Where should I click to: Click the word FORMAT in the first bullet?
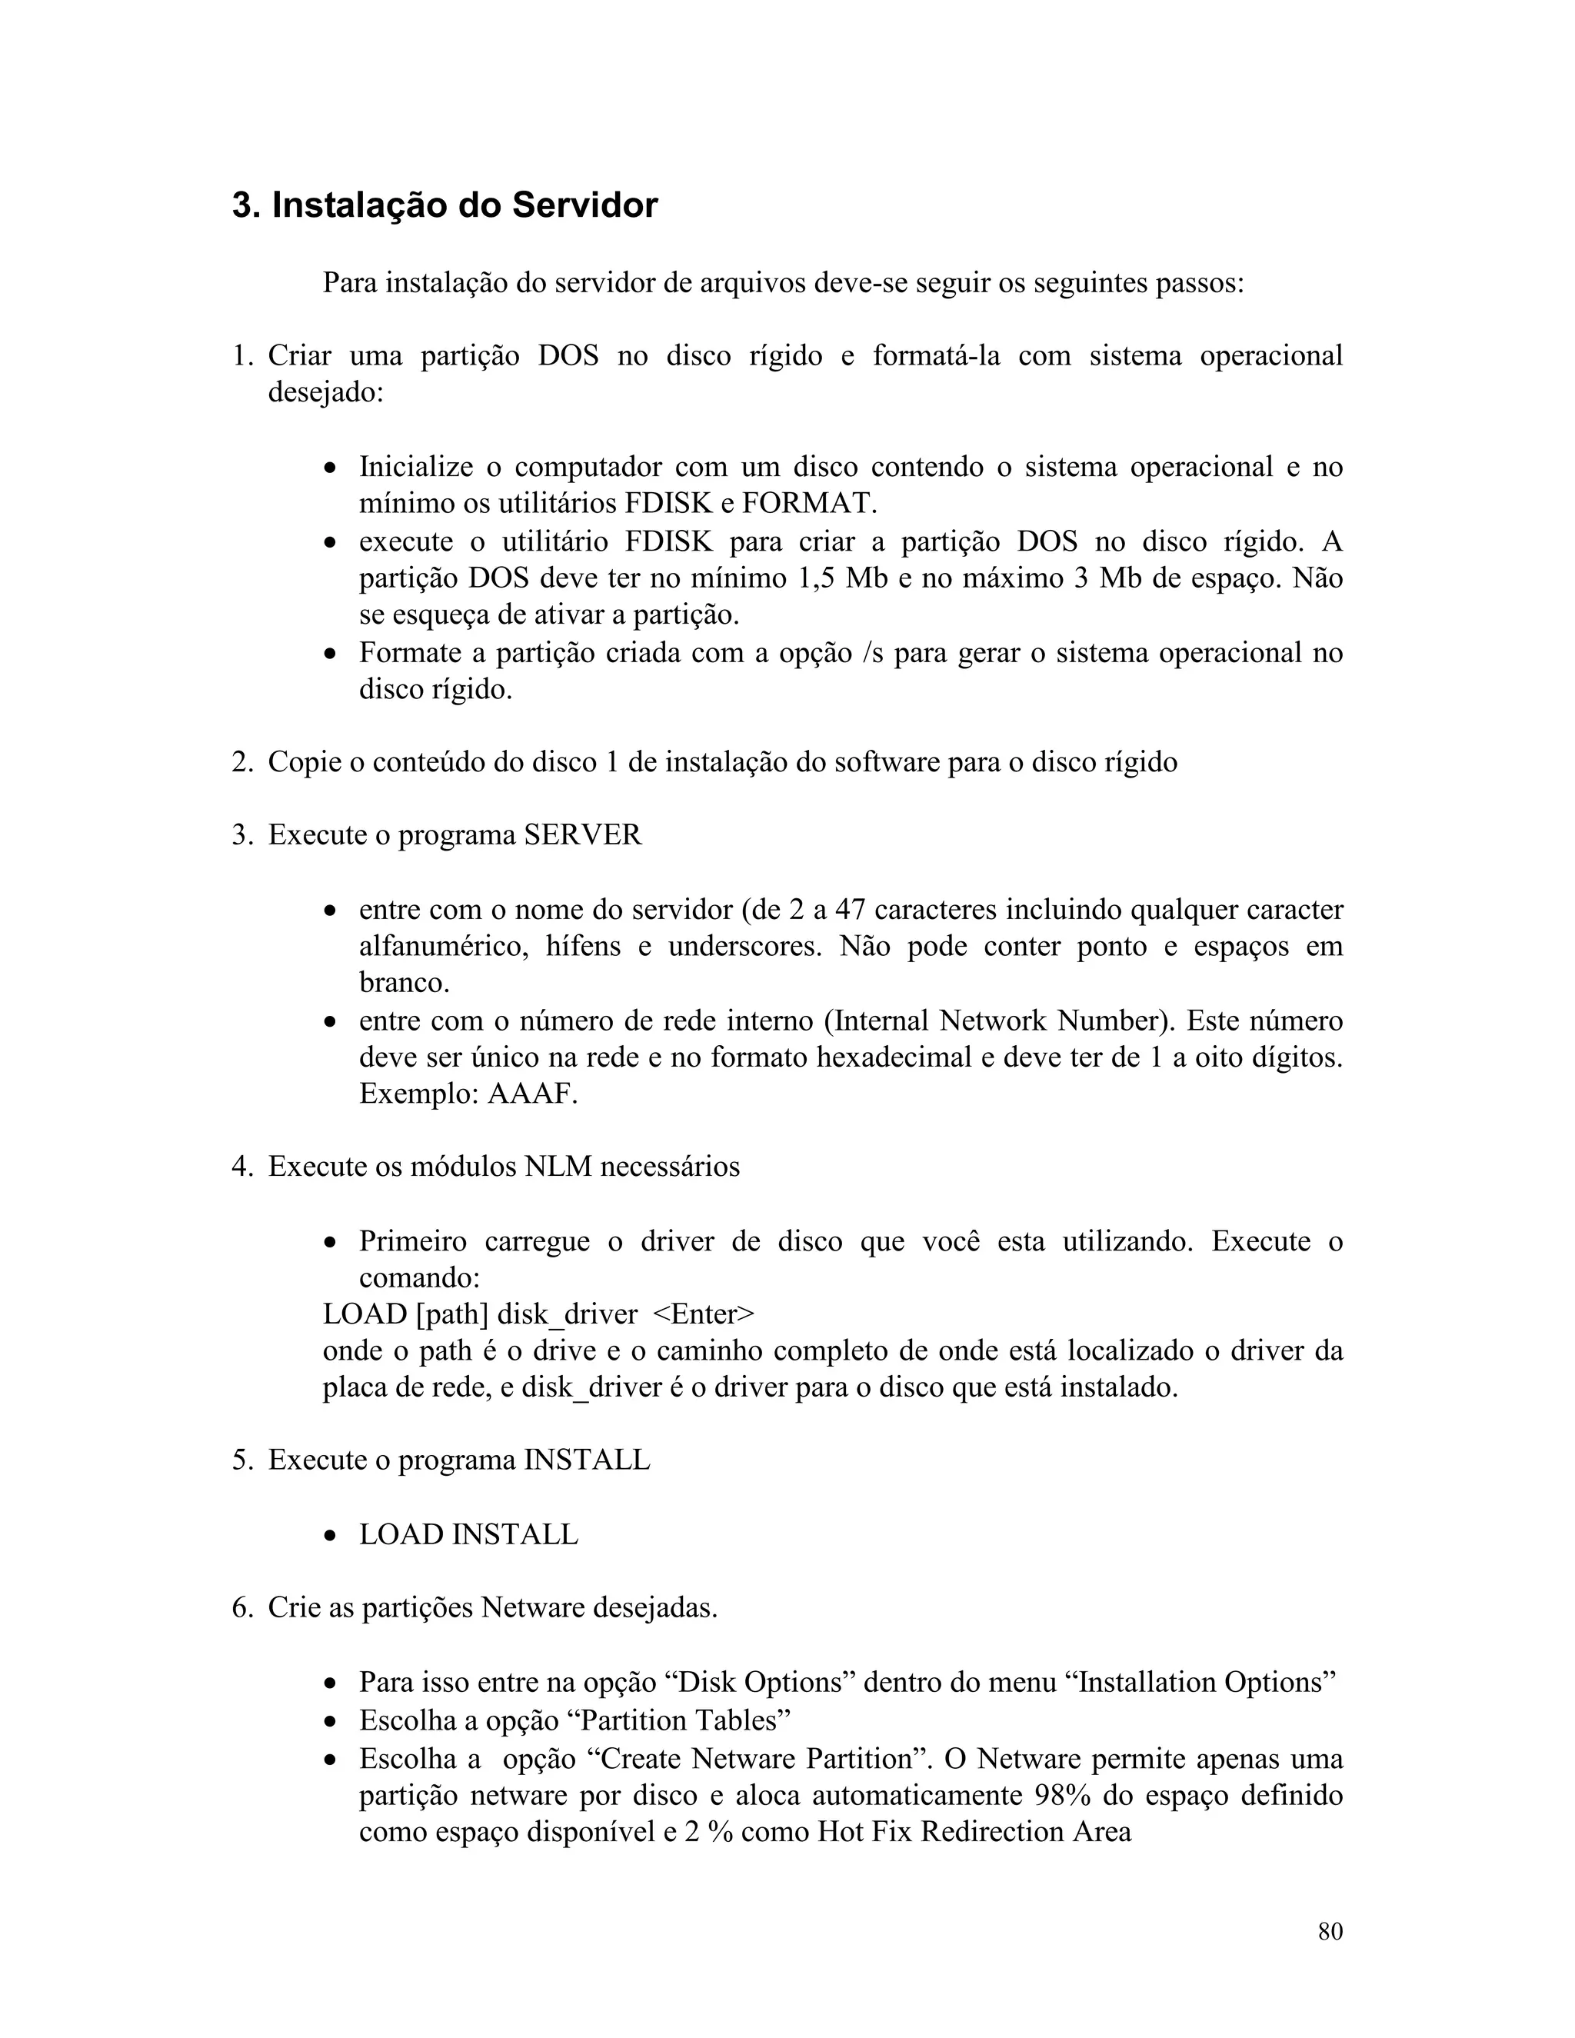coord(809,504)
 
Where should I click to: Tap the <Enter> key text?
coord(704,1315)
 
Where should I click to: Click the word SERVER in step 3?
coord(583,835)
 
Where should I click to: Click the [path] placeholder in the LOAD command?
coord(451,1315)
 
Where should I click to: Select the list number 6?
coord(241,1609)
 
